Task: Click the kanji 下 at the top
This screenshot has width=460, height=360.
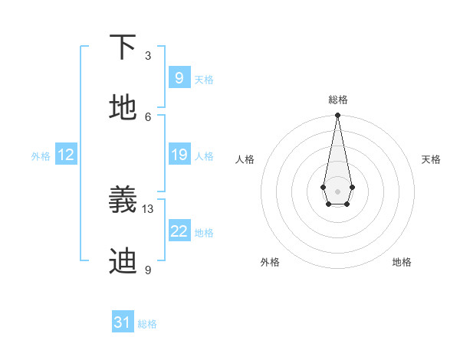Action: tap(123, 47)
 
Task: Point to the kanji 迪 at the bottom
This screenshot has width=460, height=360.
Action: tap(123, 260)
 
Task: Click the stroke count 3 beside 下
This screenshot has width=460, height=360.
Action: tap(148, 56)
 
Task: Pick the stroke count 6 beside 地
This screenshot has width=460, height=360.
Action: tap(148, 116)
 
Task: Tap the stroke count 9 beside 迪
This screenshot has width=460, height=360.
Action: tap(148, 270)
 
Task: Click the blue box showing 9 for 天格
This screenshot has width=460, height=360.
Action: tap(179, 77)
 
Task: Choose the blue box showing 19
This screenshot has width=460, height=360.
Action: tap(179, 155)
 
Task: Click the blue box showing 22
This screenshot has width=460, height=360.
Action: tap(179, 231)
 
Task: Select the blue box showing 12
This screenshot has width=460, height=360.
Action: tap(66, 155)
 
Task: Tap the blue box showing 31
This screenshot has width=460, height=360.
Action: tap(123, 322)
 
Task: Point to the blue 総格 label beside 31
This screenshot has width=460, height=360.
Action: tap(147, 324)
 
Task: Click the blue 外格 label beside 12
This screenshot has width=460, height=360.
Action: tap(41, 156)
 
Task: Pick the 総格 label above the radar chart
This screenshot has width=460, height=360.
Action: tap(338, 100)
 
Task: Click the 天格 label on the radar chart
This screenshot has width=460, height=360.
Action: tap(431, 159)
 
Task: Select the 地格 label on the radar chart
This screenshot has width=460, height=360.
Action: tap(402, 262)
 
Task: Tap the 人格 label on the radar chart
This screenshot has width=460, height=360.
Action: tap(245, 159)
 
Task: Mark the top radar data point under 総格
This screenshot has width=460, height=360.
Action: tap(337, 116)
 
